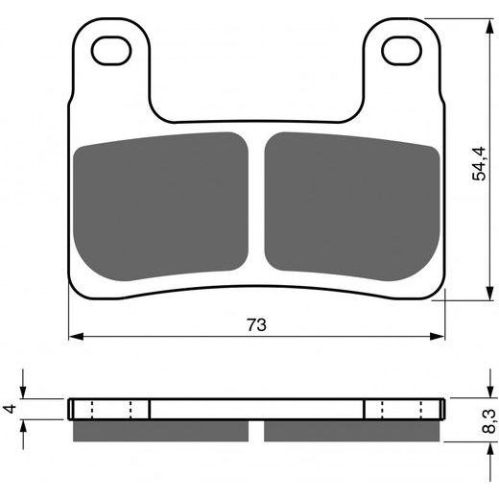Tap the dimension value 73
[x=256, y=324]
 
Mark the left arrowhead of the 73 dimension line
[x=75, y=336]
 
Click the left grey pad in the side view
[x=160, y=431]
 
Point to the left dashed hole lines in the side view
[x=111, y=409]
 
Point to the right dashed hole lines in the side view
[x=403, y=409]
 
